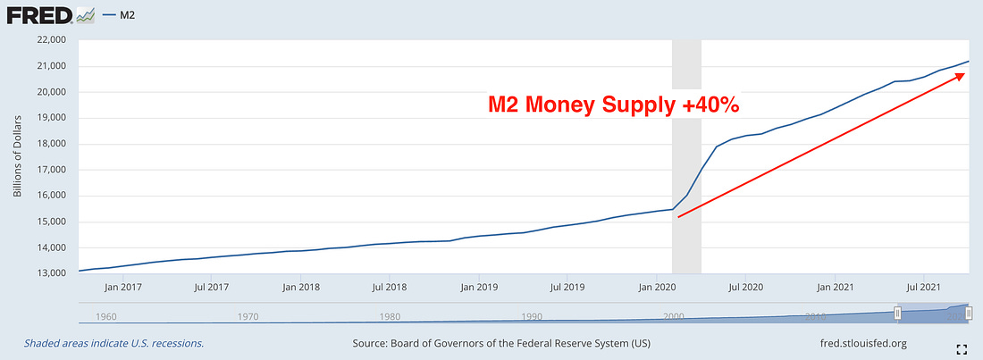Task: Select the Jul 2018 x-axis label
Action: pos(391,288)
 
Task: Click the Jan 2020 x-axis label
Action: pos(658,288)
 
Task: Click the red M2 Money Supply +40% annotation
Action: pos(613,105)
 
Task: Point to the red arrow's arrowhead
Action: pos(961,76)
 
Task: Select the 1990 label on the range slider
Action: pos(533,316)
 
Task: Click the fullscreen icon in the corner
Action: pos(963,348)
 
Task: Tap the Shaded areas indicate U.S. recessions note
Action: pos(114,343)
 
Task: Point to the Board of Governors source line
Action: pos(500,343)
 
